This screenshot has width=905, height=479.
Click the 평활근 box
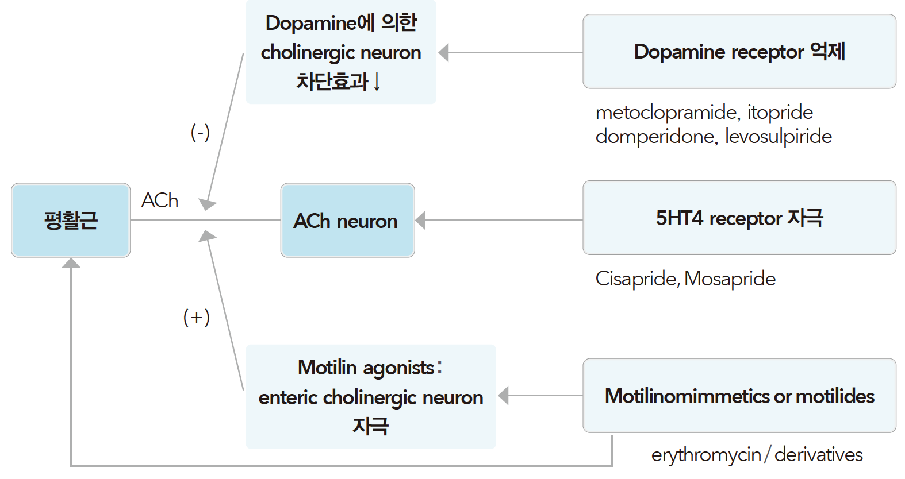71,220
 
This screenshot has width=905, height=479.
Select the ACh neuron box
347,220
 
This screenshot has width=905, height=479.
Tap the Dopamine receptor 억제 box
739,52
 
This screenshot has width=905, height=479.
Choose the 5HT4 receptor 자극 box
739,218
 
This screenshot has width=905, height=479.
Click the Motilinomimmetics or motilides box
739,396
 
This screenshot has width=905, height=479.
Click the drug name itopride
780,113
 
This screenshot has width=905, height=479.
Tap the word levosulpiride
778,137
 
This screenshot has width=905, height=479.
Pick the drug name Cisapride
636,279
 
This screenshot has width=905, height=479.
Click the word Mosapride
730,279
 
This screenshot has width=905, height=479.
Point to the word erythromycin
705,455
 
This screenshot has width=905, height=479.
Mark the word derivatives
818,455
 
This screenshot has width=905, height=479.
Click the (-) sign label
200,133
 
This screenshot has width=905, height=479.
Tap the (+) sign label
197,317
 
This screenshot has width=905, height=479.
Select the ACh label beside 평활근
160,200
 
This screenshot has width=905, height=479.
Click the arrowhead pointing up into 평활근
71,263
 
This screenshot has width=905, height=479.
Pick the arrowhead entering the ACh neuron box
421,220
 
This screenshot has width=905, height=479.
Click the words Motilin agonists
366,368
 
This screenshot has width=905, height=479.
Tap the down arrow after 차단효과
377,82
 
